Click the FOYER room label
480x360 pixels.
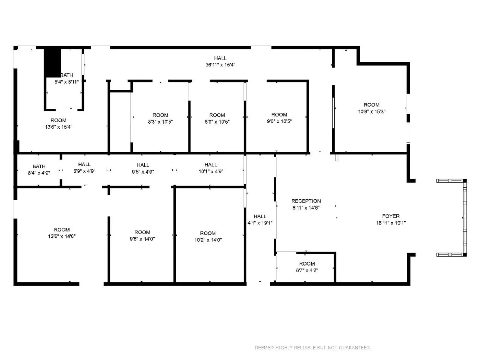click(x=391, y=216)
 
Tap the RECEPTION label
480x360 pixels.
click(x=306, y=201)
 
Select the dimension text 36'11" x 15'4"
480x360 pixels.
click(x=220, y=65)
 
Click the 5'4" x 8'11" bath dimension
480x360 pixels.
click(x=67, y=82)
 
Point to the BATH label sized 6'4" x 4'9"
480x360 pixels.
click(x=39, y=166)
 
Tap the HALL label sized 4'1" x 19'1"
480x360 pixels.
click(x=260, y=216)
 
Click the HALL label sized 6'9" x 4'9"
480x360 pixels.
click(x=84, y=164)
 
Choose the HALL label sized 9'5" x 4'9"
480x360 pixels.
click(x=143, y=165)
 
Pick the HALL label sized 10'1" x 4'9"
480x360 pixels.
click(x=211, y=165)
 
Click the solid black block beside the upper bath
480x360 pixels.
click(x=52, y=63)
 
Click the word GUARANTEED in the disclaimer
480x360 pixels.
click(x=355, y=348)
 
